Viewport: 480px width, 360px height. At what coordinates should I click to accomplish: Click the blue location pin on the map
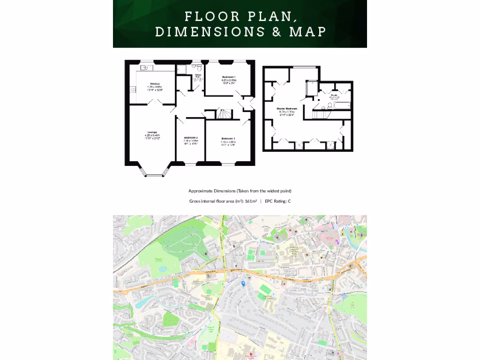click(x=243, y=283)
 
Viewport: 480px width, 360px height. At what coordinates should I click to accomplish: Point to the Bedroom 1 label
click(x=229, y=77)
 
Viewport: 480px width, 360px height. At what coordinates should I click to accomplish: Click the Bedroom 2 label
click(x=191, y=138)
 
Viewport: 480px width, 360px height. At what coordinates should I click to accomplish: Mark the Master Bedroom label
click(x=286, y=109)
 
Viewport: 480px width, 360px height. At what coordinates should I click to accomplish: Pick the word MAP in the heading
click(x=307, y=31)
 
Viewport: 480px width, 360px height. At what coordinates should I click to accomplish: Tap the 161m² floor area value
click(x=251, y=201)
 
